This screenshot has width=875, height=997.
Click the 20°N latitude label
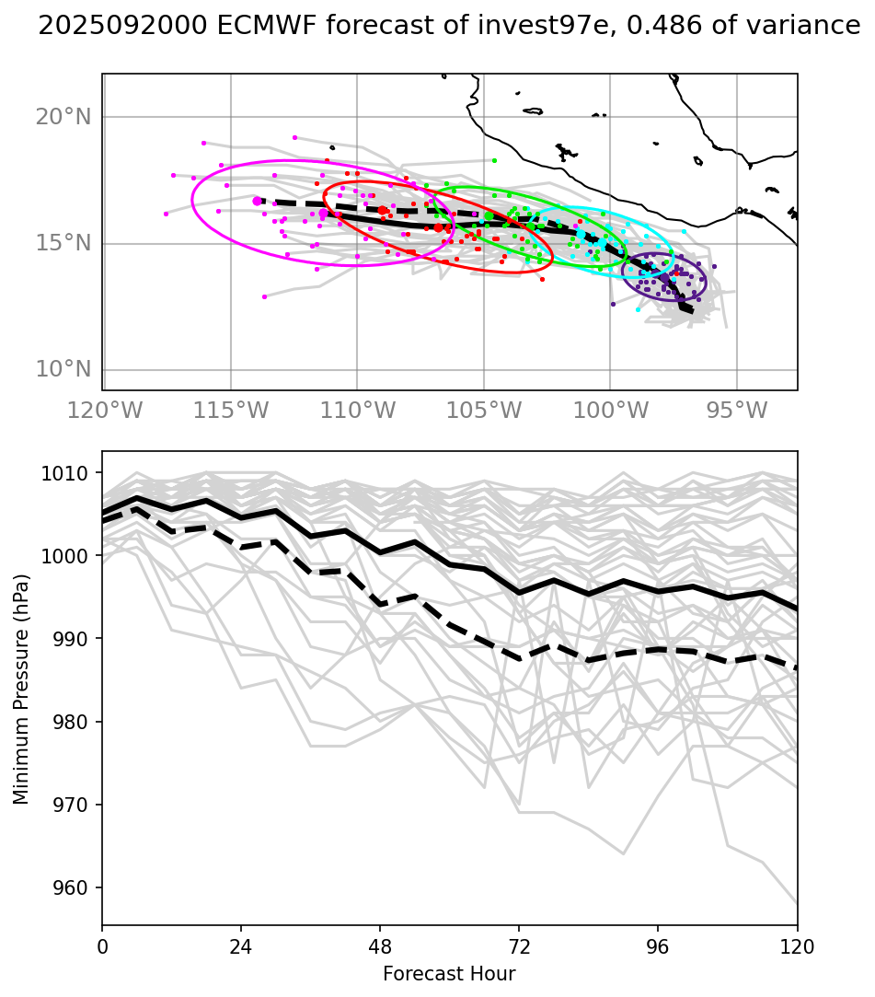click(63, 117)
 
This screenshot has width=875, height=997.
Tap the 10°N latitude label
click(63, 370)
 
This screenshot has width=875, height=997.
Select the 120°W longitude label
click(106, 410)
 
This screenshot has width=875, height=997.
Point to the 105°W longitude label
click(484, 410)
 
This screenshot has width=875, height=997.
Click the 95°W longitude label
click(737, 410)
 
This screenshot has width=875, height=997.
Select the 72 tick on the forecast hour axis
click(519, 946)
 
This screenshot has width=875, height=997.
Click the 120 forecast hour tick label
click(797, 946)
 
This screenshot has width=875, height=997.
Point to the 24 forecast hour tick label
click(241, 946)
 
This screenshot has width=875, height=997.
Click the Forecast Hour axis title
click(449, 974)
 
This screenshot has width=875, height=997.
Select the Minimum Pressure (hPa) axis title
click(22, 689)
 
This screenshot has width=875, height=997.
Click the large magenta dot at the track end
click(257, 201)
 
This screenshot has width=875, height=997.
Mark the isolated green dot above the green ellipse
click(494, 160)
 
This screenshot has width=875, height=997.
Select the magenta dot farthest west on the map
click(166, 214)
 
